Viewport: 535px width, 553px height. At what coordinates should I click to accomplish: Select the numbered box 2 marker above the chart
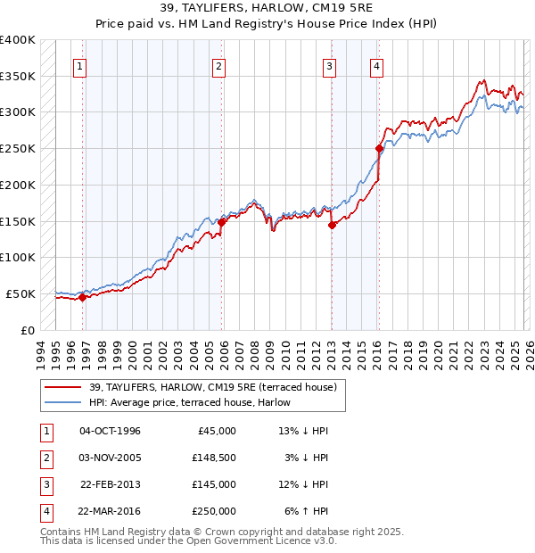(x=219, y=65)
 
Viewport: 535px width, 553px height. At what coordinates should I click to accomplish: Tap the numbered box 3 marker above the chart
(x=330, y=65)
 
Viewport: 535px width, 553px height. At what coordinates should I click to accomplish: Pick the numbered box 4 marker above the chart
(x=377, y=65)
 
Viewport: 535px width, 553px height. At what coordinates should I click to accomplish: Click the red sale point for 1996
(x=83, y=298)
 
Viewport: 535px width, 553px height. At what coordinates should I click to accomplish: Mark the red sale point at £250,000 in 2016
(x=379, y=148)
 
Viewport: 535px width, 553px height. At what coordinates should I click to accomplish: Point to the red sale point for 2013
(x=332, y=225)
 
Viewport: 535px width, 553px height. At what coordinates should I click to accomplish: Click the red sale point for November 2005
(x=222, y=222)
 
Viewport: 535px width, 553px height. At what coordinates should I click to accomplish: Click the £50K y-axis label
(x=21, y=293)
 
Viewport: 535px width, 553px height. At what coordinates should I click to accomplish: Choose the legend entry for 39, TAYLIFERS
(x=212, y=387)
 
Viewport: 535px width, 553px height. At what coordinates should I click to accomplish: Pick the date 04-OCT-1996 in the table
(x=110, y=431)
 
